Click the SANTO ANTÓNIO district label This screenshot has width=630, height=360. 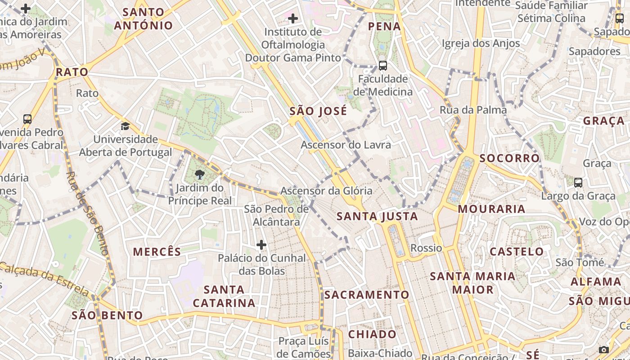tap(143, 19)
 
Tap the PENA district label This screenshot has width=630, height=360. tap(384, 26)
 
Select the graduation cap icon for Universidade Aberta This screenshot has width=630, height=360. tap(125, 126)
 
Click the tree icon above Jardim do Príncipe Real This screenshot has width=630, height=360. tap(200, 175)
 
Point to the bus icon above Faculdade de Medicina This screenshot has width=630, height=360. tap(382, 66)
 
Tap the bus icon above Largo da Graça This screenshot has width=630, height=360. tap(578, 183)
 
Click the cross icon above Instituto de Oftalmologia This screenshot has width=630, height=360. tap(292, 18)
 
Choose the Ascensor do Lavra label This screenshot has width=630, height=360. tap(346, 145)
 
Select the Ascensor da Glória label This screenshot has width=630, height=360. tap(326, 191)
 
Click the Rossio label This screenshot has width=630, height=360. tap(426, 248)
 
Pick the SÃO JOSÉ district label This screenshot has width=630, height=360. tap(318, 111)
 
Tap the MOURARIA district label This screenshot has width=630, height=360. tap(491, 209)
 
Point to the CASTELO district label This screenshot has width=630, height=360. tap(517, 252)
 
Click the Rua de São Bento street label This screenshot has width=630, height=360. tap(88, 213)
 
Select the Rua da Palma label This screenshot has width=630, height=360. tap(473, 110)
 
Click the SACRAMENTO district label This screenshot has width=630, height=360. tap(367, 295)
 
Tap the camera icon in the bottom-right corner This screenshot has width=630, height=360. tap(604, 350)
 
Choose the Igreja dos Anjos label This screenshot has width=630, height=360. tap(481, 43)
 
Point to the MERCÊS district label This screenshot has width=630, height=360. tap(157, 252)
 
